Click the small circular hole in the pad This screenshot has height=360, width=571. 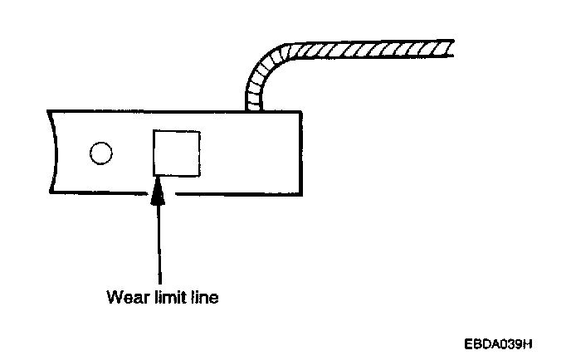(100, 154)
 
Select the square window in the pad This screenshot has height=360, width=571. (176, 153)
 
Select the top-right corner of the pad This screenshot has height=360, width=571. (298, 111)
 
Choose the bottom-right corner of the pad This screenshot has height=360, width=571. (298, 193)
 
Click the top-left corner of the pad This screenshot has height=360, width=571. (49, 111)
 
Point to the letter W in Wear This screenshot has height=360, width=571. (113, 296)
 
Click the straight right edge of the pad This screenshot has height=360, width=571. (298, 153)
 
